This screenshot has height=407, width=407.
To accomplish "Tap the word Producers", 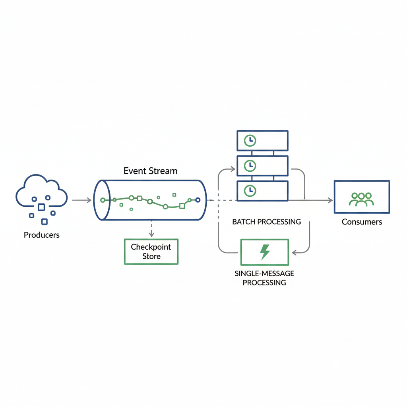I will click(x=42, y=235).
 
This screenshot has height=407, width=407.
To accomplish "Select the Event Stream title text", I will click(x=150, y=171).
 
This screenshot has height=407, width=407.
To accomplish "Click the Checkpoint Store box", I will click(x=151, y=252).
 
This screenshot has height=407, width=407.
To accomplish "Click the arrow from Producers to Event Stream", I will click(x=82, y=200).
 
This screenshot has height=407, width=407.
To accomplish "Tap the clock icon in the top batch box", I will click(x=250, y=140).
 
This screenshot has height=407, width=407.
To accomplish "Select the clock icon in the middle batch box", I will click(x=250, y=165).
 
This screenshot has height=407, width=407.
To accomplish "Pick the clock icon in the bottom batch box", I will click(x=250, y=190).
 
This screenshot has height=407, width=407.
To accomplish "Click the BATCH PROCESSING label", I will click(x=266, y=222).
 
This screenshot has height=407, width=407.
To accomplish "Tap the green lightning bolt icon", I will click(x=265, y=252).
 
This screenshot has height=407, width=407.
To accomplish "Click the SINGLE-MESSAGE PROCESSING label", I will click(x=264, y=278).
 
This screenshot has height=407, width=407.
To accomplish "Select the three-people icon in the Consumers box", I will click(x=361, y=199).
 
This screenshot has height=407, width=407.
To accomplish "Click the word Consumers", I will click(x=362, y=222).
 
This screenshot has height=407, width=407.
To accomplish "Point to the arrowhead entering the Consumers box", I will click(x=330, y=200).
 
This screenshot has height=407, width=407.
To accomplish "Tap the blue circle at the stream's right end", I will click(x=198, y=200).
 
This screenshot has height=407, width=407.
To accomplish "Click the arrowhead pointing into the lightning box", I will click(x=295, y=252).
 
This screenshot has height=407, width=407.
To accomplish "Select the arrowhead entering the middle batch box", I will click(x=233, y=170).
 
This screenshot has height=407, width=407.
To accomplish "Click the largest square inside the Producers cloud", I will click(x=41, y=207).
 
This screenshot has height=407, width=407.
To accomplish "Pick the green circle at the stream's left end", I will click(x=103, y=200).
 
